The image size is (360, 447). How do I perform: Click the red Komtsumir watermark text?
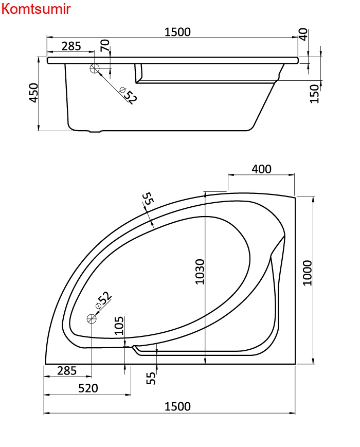(36, 9)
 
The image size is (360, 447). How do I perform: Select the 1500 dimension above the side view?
(177, 32)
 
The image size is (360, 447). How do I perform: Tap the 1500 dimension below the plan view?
(177, 406)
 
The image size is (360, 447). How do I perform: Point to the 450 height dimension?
(34, 93)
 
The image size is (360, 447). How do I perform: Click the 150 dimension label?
(314, 94)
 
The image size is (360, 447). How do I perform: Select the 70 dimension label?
(105, 46)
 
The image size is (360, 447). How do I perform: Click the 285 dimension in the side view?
(71, 46)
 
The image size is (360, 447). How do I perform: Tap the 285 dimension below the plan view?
(67, 370)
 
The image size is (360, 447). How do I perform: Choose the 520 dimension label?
(88, 388)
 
